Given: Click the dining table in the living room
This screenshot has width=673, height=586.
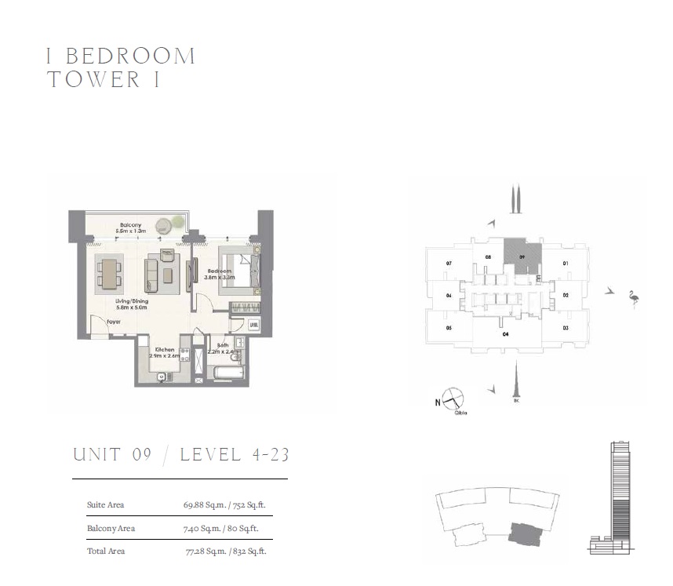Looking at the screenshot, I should [x=110, y=272].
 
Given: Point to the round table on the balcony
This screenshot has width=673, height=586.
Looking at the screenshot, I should [x=164, y=225].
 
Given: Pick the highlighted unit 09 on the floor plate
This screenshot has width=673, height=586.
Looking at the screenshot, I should [x=522, y=257].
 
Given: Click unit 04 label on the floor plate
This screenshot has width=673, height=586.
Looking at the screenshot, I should [x=449, y=296].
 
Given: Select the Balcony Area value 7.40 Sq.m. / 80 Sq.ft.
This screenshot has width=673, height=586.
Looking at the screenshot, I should [x=224, y=528].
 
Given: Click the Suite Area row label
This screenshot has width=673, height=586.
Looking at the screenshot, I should [x=105, y=504].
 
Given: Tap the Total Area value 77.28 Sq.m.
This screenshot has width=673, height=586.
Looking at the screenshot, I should [x=224, y=551].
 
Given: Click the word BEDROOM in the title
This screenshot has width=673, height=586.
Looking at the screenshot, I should [x=131, y=56].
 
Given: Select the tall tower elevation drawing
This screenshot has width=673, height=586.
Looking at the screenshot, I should [x=618, y=494].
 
